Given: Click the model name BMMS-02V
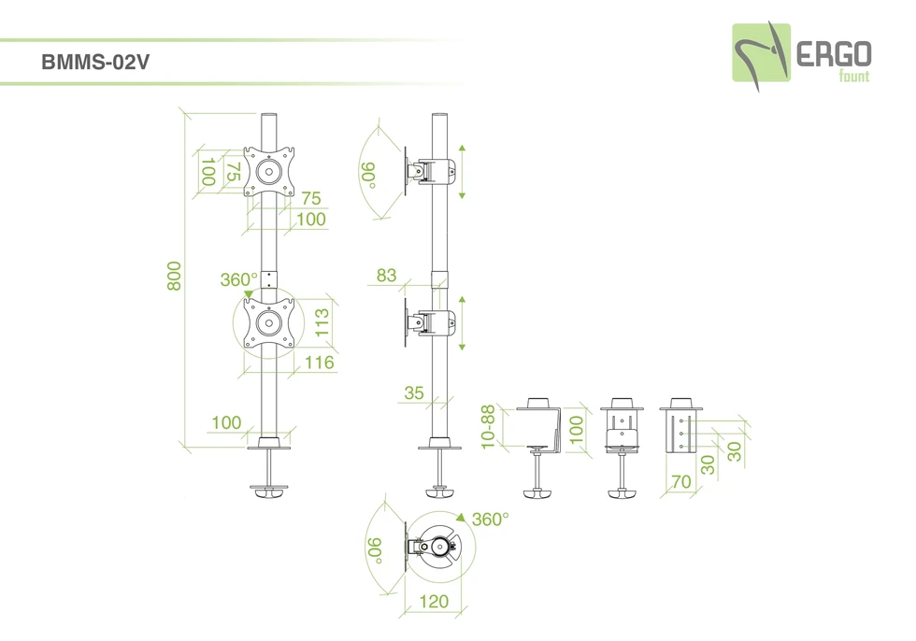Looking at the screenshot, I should (96, 63).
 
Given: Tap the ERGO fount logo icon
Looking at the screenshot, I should (761, 53).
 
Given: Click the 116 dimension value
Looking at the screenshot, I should (319, 363).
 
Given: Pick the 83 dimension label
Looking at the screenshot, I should (386, 276).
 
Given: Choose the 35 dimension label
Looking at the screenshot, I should (414, 393).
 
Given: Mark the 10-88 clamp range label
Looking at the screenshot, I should (488, 427).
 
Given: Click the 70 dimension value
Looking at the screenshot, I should (681, 482).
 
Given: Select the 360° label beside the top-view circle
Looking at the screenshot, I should (490, 520).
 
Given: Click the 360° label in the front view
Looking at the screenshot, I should (239, 279).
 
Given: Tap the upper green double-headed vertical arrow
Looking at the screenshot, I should (462, 172).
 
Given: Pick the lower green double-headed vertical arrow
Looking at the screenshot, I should (462, 324).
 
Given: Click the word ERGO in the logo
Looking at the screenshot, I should (834, 53).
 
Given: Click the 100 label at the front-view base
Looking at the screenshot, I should (226, 423).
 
